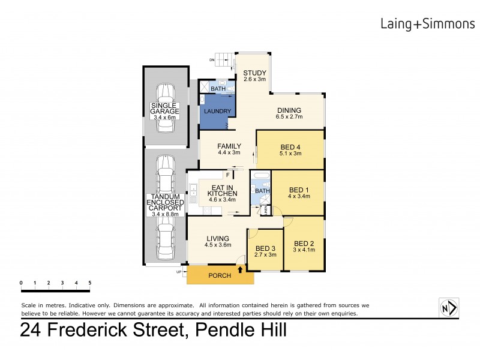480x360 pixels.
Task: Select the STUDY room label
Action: click(x=254, y=75)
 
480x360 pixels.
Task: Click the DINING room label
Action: click(x=289, y=110)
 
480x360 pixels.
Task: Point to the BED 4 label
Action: click(x=291, y=146)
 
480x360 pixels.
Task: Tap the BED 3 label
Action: click(x=265, y=248)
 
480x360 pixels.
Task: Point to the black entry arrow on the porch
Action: click(x=241, y=270)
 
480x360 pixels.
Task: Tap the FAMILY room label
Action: click(x=229, y=146)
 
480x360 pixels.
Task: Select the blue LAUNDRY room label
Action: click(x=214, y=112)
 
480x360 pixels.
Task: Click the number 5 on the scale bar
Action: click(x=90, y=283)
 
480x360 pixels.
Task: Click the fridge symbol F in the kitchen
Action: click(x=227, y=175)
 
